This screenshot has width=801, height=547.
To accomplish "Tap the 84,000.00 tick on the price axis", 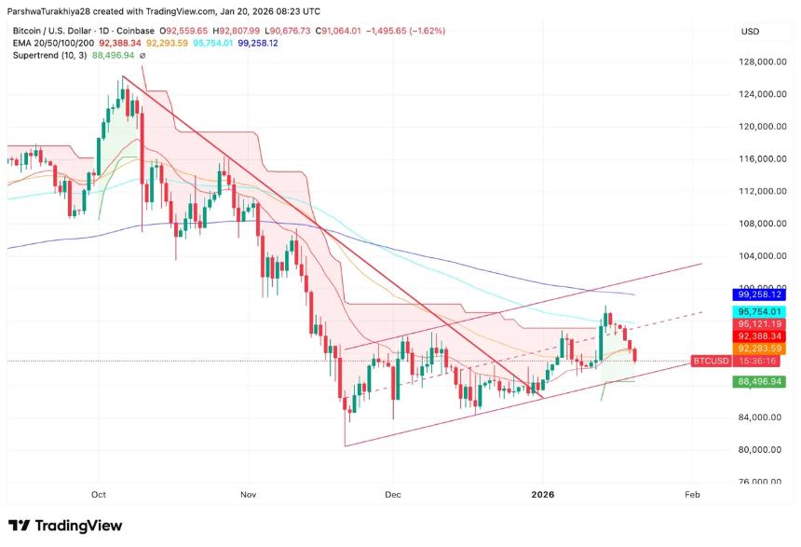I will [755, 417].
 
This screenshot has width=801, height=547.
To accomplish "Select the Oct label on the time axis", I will [99, 496].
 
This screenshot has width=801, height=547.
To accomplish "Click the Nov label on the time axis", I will [247, 496].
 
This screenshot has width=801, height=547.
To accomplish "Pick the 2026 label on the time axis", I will [542, 496].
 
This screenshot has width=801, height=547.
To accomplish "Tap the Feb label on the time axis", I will [692, 496].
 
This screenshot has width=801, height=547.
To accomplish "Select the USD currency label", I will [750, 32].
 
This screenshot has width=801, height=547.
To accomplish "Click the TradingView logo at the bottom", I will [65, 526].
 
